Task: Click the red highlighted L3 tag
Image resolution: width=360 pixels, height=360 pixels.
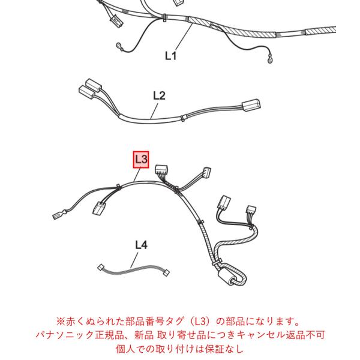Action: click(x=141, y=160)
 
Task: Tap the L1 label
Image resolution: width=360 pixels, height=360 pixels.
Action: click(x=171, y=56)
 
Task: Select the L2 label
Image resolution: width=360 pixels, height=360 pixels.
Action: click(x=160, y=95)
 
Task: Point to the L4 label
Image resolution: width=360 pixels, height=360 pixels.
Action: click(x=141, y=245)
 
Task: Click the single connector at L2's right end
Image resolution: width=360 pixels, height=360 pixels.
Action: click(x=251, y=105)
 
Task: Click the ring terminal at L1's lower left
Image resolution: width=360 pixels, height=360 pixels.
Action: click(x=120, y=46)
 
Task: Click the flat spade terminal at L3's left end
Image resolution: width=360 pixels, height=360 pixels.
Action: click(x=58, y=215)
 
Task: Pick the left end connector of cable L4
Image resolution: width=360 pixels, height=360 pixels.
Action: click(x=100, y=268)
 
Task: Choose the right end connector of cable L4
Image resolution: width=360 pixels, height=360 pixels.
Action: click(x=166, y=273)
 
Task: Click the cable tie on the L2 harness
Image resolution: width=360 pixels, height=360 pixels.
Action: click(x=182, y=118)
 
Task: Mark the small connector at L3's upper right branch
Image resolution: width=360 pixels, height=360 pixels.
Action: click(x=207, y=172)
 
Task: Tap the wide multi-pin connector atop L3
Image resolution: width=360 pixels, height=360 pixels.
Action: click(x=161, y=170)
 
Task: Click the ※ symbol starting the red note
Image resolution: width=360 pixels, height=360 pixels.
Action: click(x=61, y=322)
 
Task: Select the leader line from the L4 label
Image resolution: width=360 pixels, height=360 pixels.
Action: click(x=134, y=260)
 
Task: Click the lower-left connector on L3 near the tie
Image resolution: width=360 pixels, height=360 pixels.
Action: click(x=98, y=208)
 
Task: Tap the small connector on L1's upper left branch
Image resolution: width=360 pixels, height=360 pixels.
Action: click(x=117, y=20)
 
